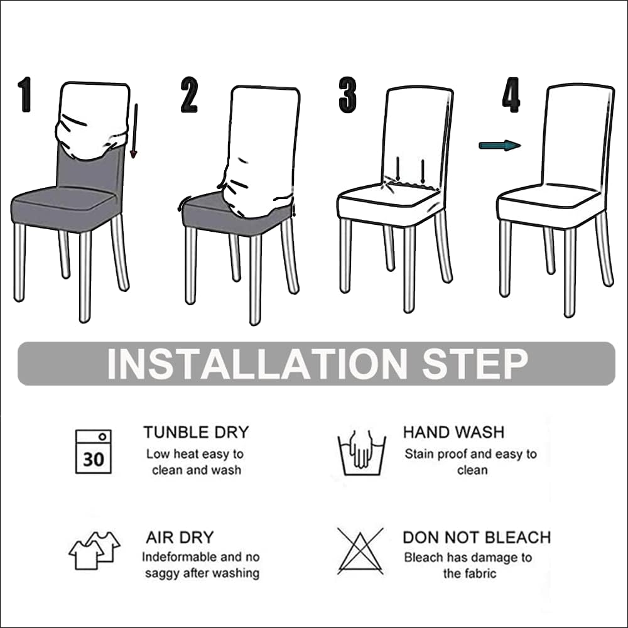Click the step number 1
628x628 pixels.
click(24, 95)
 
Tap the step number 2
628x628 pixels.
click(189, 95)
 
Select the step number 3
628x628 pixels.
click(347, 95)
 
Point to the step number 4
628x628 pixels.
click(511, 95)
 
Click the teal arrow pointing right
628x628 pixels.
click(499, 146)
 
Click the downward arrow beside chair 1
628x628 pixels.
click(134, 131)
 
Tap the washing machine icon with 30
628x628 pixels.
click(94, 452)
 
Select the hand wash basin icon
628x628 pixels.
click(362, 452)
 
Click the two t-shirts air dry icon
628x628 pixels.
click(94, 550)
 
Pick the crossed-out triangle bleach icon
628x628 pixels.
click(360, 551)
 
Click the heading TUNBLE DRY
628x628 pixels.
click(196, 432)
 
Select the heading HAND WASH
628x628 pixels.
click(453, 432)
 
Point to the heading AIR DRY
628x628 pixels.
click(180, 538)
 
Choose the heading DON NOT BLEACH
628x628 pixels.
click(477, 538)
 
